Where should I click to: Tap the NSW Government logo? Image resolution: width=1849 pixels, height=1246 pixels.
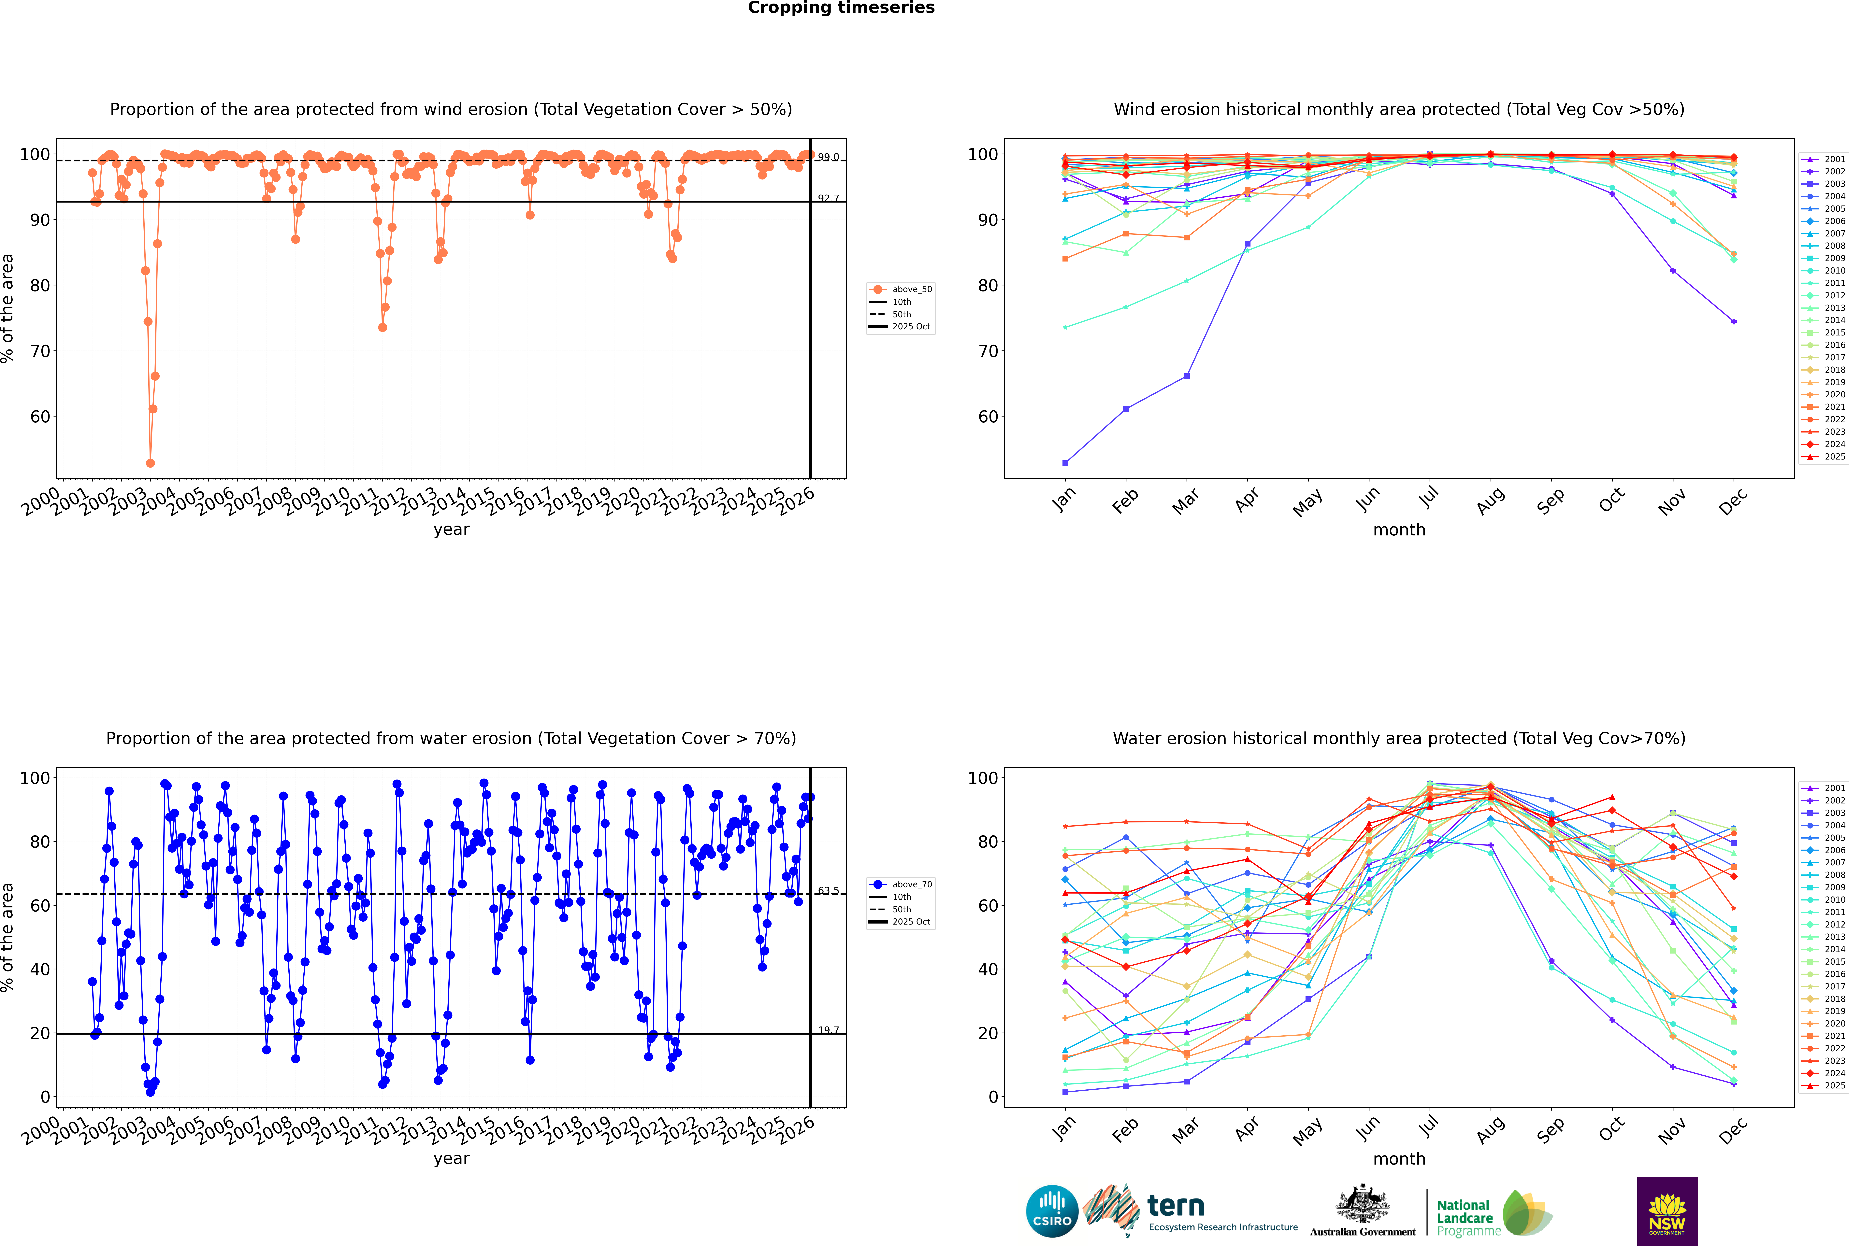click(x=1667, y=1210)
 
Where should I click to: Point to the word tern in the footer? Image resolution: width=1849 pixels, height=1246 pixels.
click(x=1176, y=1206)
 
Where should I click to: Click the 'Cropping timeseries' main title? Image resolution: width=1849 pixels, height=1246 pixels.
click(x=841, y=8)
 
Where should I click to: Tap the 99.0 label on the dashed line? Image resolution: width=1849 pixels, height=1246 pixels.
click(x=828, y=157)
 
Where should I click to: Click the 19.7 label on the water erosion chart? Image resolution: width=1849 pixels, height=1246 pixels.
click(x=828, y=1030)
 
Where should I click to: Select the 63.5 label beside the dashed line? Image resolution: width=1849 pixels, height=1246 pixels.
click(x=828, y=891)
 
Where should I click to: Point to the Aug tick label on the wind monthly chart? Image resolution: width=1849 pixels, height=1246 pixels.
click(x=1491, y=501)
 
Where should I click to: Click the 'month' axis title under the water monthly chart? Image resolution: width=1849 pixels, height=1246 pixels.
click(x=1399, y=1159)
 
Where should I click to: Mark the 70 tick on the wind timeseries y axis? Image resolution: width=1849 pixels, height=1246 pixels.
click(x=40, y=351)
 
